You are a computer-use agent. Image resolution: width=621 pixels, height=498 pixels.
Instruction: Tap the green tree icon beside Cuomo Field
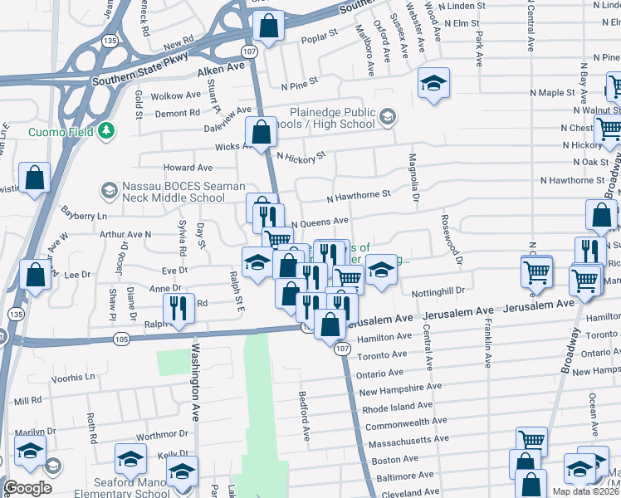(106, 131)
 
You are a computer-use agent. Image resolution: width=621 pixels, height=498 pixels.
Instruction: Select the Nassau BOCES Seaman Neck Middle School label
(173, 192)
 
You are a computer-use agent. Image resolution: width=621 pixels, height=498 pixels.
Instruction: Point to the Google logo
(27, 488)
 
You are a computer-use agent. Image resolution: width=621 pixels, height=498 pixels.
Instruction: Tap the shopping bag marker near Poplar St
(269, 27)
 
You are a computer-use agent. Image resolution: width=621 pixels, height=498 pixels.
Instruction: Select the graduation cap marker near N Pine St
(433, 83)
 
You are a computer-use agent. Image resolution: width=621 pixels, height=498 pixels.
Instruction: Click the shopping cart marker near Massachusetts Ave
(531, 441)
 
